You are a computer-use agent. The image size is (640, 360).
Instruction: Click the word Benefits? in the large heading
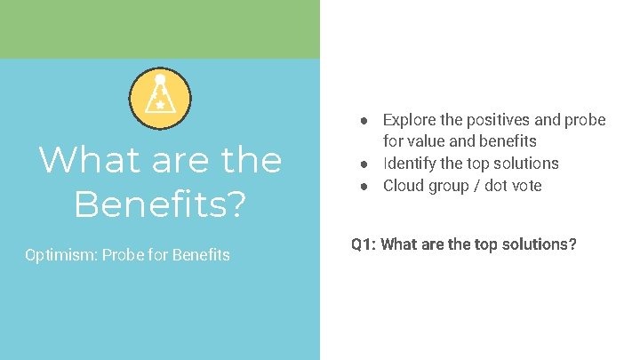(160, 204)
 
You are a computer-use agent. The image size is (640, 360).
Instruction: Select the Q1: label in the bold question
(364, 244)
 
